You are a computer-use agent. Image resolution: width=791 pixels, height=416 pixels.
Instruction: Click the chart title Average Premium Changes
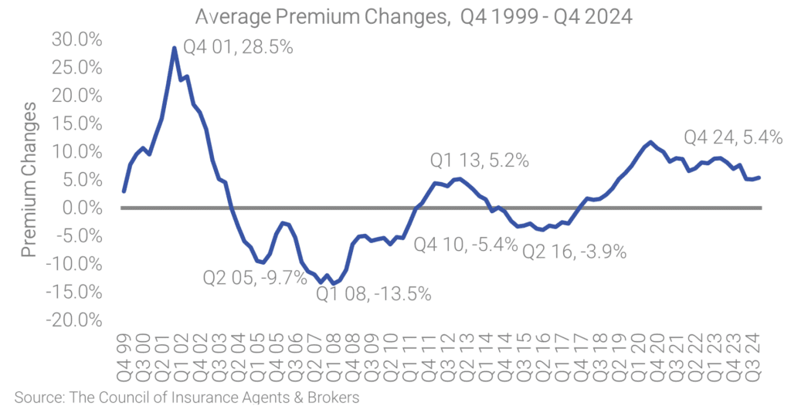[x=413, y=16]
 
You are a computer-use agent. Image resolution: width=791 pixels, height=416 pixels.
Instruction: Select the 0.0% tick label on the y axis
[x=84, y=208]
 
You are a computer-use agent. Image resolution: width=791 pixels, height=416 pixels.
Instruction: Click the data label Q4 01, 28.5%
[x=239, y=48]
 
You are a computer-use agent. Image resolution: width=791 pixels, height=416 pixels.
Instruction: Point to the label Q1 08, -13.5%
[x=373, y=293]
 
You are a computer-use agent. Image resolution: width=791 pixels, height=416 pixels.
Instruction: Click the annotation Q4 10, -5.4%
[x=465, y=245]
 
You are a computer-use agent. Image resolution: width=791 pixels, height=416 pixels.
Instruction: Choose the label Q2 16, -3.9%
[x=574, y=251]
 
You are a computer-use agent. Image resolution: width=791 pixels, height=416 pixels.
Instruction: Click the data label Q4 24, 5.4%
[x=733, y=138]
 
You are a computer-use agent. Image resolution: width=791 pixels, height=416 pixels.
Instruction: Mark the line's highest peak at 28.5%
[x=175, y=48]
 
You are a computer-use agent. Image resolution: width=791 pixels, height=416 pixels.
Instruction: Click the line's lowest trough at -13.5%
[x=334, y=283]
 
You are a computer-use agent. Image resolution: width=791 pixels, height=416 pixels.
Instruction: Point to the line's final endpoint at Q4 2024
[x=759, y=178]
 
